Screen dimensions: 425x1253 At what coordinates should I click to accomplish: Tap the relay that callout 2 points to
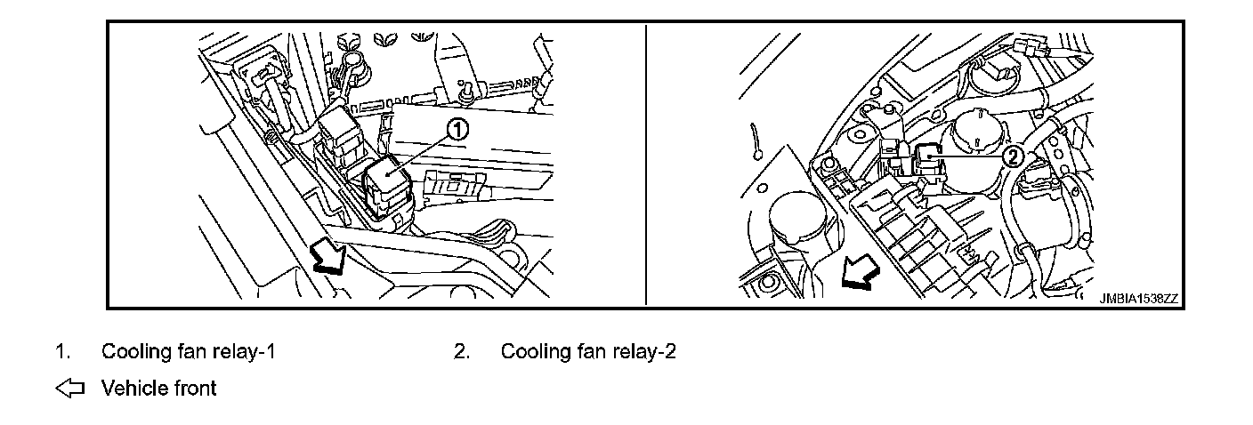tap(929, 154)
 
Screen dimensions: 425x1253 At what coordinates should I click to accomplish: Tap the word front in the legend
tap(195, 389)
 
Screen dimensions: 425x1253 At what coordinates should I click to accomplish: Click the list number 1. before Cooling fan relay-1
tap(62, 351)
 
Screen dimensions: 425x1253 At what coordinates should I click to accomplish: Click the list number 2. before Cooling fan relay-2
tap(461, 351)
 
